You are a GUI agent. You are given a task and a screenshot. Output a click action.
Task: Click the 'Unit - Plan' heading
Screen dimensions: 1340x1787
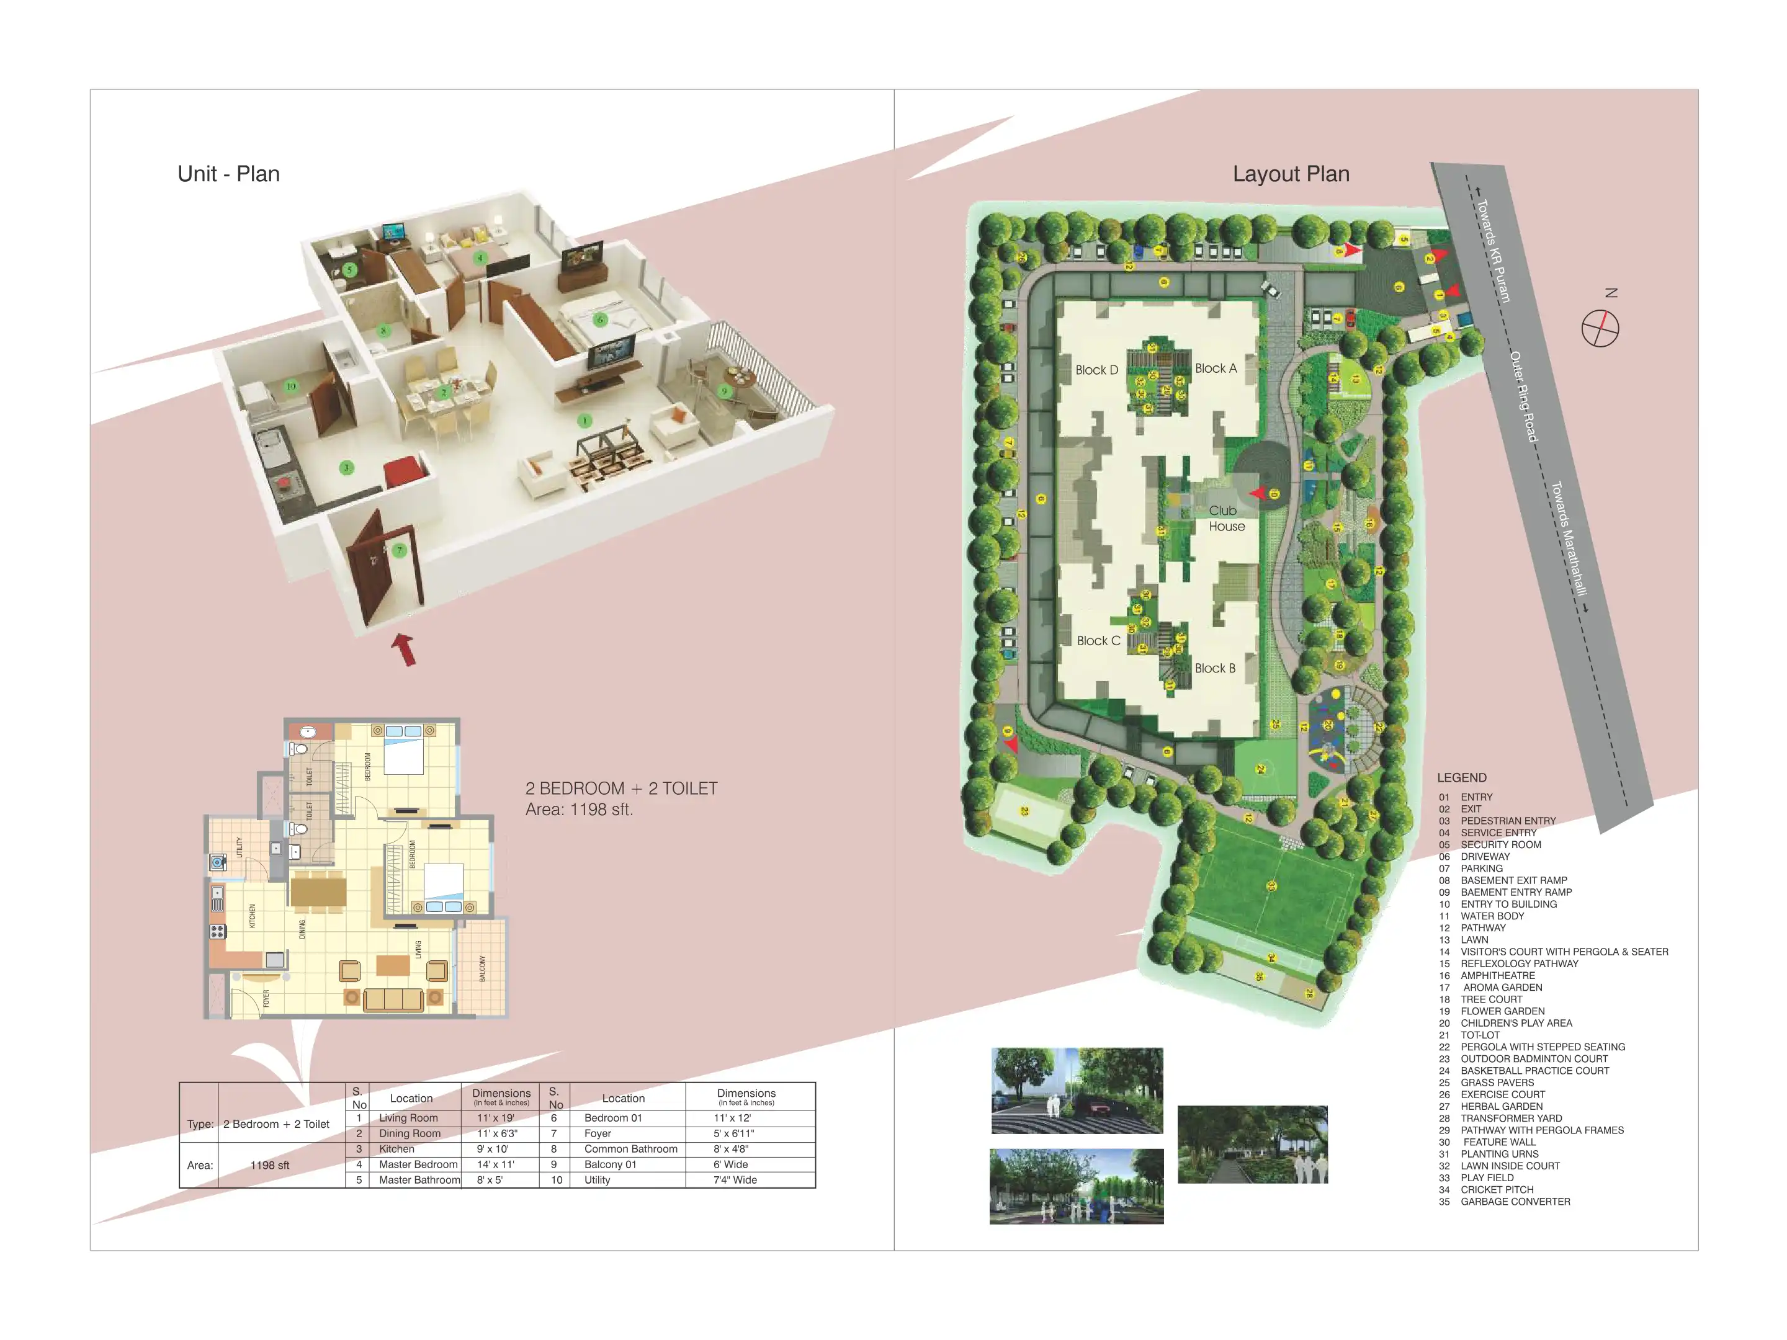pyautogui.click(x=228, y=174)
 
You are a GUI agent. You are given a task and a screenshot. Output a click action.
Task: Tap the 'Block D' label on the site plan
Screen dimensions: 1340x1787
pyautogui.click(x=1096, y=370)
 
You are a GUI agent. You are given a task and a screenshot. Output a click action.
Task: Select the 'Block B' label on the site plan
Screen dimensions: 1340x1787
pyautogui.click(x=1214, y=668)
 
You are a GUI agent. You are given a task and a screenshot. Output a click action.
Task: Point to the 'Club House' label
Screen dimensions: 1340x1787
pyautogui.click(x=1225, y=518)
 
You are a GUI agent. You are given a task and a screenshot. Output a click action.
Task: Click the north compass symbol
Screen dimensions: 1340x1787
pyautogui.click(x=1600, y=329)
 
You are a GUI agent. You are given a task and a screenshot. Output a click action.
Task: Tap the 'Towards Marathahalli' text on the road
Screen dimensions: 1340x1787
pyautogui.click(x=1568, y=538)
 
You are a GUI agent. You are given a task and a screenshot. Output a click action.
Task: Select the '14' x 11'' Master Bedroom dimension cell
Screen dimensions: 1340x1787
pyautogui.click(x=495, y=1164)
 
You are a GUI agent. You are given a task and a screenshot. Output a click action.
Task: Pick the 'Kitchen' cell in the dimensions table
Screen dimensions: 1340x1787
pyautogui.click(x=396, y=1148)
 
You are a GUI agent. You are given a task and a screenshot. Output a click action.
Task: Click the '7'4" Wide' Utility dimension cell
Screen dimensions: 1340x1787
pyautogui.click(x=735, y=1179)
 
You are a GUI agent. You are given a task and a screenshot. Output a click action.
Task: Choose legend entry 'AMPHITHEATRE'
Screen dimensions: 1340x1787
pyautogui.click(x=1497, y=975)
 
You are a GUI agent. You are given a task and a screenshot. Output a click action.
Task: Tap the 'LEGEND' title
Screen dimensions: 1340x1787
pyautogui.click(x=1461, y=777)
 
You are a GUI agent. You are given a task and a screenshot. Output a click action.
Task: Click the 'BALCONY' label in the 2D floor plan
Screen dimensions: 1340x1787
pyautogui.click(x=482, y=968)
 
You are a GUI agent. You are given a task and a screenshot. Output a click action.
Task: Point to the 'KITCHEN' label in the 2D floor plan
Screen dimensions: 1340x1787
pyautogui.click(x=252, y=915)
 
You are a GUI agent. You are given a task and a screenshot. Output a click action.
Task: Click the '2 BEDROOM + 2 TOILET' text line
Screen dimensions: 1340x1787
pyautogui.click(x=620, y=788)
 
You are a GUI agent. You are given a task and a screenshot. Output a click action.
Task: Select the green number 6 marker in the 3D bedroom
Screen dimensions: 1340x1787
pyautogui.click(x=599, y=320)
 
